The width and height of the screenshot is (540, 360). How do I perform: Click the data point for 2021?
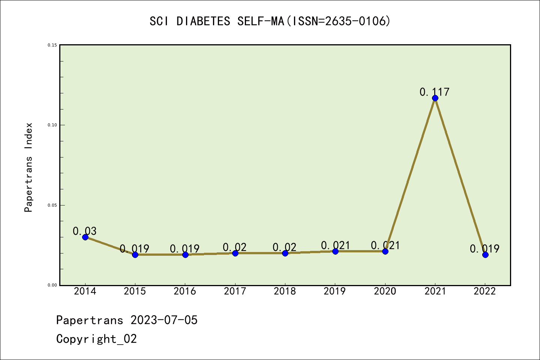coord(435,98)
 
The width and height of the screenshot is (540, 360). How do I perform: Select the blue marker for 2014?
coord(85,237)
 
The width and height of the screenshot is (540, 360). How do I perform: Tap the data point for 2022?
coord(485,255)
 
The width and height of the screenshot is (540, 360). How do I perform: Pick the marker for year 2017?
coord(235,253)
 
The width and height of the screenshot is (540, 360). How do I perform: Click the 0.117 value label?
coord(434,92)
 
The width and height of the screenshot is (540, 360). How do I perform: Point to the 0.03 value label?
coord(84,231)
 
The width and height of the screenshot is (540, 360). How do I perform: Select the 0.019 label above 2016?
coord(184,249)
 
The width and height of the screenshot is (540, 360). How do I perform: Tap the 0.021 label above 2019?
coord(335,245)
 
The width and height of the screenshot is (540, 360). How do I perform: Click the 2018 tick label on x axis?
coord(285,291)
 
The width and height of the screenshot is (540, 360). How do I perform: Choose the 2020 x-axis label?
coord(385,291)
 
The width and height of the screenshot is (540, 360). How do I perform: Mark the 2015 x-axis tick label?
coord(135,291)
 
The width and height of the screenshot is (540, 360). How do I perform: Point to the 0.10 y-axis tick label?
coord(52,125)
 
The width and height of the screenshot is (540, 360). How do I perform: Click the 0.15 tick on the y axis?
coord(52,45)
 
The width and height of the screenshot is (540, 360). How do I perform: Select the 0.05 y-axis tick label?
coord(52,205)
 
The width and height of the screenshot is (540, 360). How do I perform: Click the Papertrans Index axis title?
coord(29,167)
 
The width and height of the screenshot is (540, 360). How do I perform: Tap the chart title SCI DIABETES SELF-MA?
coord(217,21)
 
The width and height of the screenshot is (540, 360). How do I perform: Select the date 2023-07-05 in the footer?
coord(164,320)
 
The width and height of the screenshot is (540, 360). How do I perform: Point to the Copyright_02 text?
coord(96,339)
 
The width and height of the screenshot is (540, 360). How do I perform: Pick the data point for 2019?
coord(335,251)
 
